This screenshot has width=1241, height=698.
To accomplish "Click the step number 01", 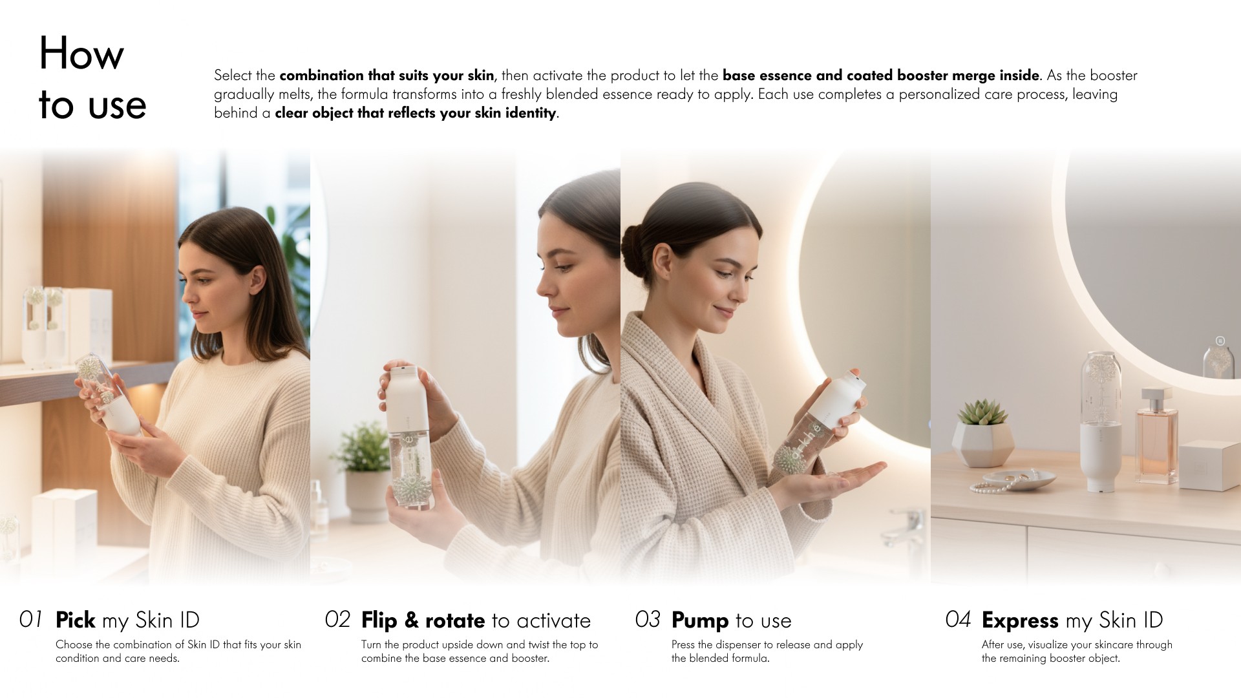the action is pyautogui.click(x=31, y=619).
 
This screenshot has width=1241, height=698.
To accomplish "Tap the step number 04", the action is pyautogui.click(x=958, y=619).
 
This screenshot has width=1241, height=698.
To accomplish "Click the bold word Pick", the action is pyautogui.click(x=76, y=620).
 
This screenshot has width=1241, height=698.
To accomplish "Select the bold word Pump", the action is pyautogui.click(x=700, y=620).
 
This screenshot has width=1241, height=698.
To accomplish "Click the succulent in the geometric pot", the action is pyautogui.click(x=982, y=412).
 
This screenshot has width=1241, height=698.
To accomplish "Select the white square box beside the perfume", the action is pyautogui.click(x=1209, y=465).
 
